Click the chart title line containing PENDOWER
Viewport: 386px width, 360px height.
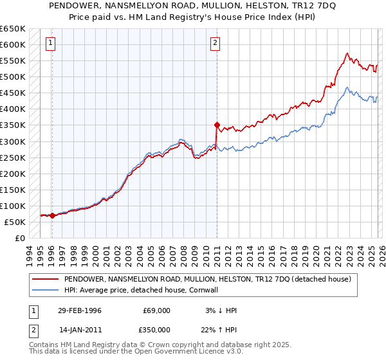[192, 6]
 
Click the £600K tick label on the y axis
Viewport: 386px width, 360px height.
[13, 44]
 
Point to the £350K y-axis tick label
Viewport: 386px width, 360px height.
[13, 125]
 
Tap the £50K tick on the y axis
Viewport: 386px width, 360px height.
[15, 222]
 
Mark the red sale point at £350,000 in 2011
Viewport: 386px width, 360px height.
[217, 125]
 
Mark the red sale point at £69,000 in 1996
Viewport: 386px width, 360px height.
[52, 216]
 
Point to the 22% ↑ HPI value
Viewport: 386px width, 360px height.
[219, 328]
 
